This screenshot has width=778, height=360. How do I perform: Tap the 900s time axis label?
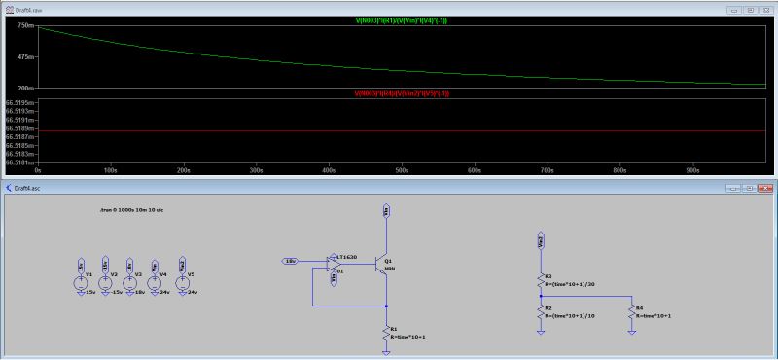(691, 169)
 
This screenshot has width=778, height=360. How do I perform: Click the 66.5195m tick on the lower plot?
(19, 102)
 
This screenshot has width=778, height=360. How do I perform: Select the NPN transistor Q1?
(383, 268)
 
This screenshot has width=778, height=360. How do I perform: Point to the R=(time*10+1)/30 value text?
(571, 283)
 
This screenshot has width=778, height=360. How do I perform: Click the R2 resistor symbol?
(541, 309)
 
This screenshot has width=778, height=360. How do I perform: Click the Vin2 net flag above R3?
(541, 237)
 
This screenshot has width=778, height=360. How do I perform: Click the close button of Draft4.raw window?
(768, 8)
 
